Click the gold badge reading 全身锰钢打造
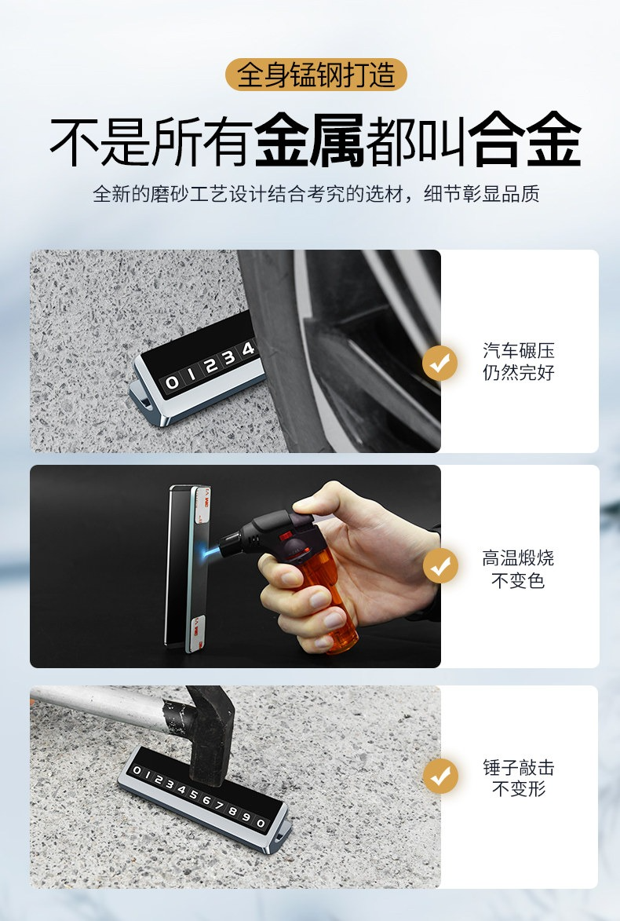(x=315, y=75)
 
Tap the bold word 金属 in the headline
(x=309, y=141)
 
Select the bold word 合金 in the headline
(x=525, y=141)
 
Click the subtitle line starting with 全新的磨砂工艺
(x=315, y=193)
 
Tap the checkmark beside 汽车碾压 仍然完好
(x=439, y=363)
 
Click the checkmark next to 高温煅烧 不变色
(x=440, y=565)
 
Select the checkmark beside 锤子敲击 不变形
(x=440, y=776)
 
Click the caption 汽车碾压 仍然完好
(x=519, y=361)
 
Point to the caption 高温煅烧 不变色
(x=518, y=569)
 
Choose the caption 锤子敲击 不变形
(x=519, y=777)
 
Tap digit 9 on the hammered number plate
(x=246, y=817)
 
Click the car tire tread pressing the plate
(x=276, y=353)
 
